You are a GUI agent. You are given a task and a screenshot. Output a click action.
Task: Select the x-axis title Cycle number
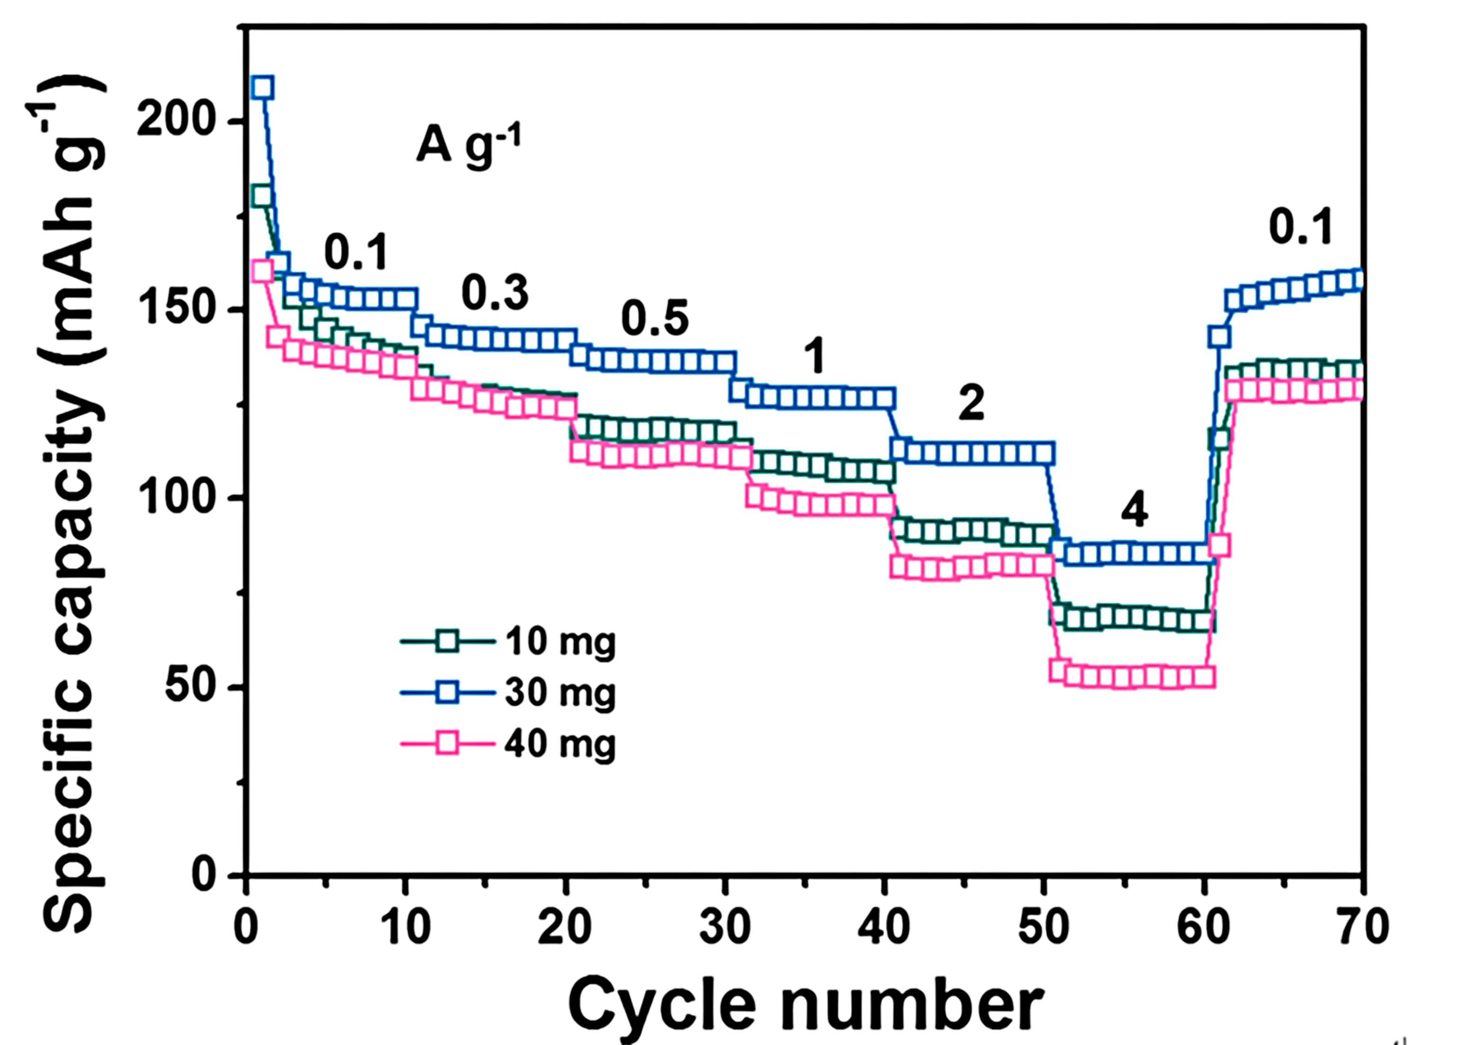click(x=805, y=1004)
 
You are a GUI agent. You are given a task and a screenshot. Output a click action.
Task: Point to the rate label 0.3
click(x=495, y=294)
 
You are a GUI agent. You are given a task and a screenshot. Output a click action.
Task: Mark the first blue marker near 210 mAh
click(x=262, y=87)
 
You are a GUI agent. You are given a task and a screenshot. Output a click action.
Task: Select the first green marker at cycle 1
click(x=261, y=196)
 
